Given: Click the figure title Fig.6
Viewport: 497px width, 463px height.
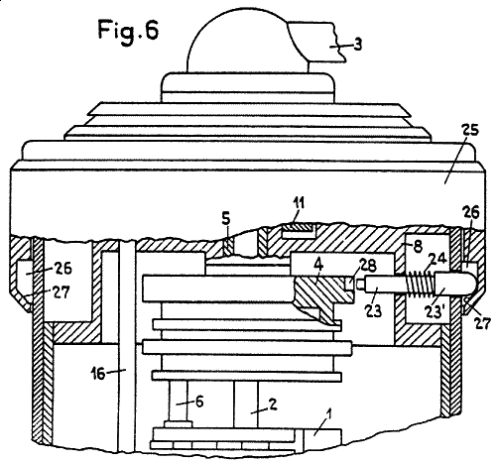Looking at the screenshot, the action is click(128, 32).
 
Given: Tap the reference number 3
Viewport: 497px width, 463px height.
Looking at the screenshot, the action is click(357, 45).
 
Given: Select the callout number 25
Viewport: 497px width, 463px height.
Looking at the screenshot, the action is click(469, 130).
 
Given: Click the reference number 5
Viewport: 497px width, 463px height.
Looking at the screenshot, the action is click(225, 220).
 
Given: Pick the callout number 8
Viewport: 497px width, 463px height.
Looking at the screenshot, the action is click(418, 247).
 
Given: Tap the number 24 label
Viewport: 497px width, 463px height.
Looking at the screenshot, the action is click(437, 259).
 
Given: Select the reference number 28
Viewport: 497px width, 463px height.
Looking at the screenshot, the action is click(367, 265).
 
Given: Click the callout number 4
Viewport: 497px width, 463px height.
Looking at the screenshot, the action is click(318, 267).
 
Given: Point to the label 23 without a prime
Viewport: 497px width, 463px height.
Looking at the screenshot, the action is click(373, 310).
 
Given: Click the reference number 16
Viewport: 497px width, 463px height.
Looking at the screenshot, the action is click(98, 374).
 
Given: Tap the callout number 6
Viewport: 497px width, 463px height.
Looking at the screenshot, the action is click(199, 402).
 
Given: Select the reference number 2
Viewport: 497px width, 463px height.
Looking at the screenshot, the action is click(273, 404).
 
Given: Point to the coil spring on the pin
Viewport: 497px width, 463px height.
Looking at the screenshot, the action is click(420, 284).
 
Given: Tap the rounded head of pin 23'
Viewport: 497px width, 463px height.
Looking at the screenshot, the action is click(455, 284).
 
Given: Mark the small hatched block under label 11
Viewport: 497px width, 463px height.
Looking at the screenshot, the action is click(298, 227).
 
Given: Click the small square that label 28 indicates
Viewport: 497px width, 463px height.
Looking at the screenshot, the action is click(349, 284).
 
